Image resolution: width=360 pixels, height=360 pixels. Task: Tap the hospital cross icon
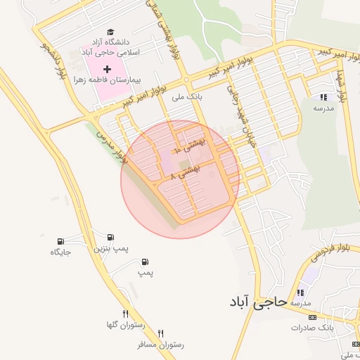point(108,69)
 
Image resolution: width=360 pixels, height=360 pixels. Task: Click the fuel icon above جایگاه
point(61,240)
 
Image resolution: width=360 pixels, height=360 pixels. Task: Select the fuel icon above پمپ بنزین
point(111,237)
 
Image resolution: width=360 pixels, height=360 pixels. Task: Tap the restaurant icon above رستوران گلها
point(125,314)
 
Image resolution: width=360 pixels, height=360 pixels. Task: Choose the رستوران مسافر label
point(162,345)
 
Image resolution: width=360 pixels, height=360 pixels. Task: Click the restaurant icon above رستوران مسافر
point(161,333)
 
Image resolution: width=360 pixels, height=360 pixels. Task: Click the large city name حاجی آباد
point(258,302)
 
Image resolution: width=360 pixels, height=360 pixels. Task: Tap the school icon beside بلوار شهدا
point(323,97)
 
